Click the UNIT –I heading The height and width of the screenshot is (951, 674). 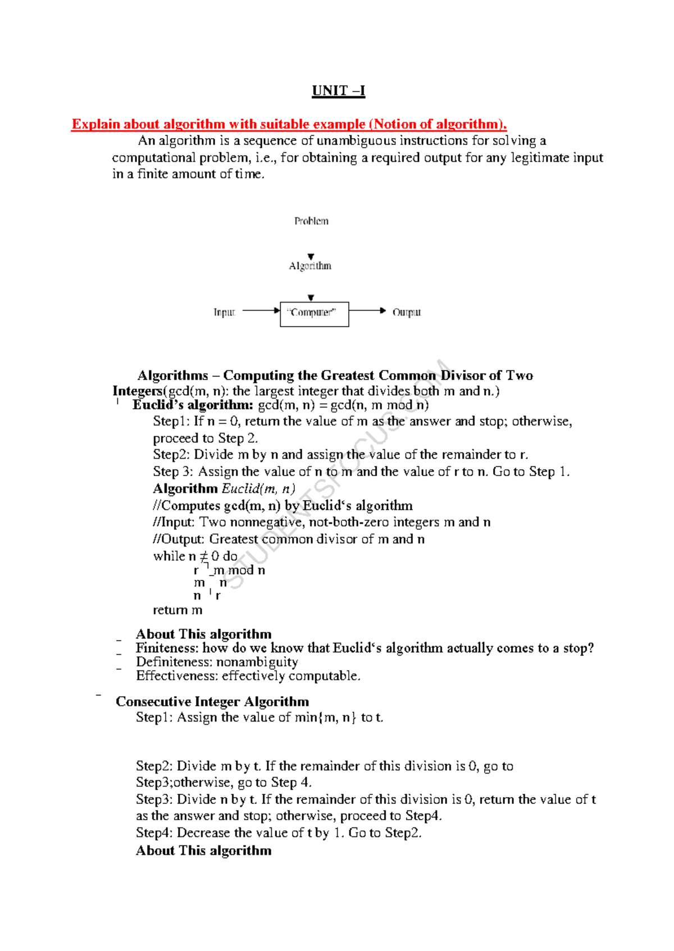[338, 91]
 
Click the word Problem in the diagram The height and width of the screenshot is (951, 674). [311, 221]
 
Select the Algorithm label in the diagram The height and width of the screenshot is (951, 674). [310, 266]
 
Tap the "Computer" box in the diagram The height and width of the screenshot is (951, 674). [314, 314]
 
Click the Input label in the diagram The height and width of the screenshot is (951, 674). [224, 312]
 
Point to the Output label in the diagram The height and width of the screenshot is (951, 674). [406, 312]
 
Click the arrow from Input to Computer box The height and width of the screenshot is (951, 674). [261, 310]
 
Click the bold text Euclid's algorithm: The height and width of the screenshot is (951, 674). [193, 405]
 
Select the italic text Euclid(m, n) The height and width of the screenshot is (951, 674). [258, 488]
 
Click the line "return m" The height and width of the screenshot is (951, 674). [177, 610]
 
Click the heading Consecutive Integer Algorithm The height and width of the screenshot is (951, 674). [212, 702]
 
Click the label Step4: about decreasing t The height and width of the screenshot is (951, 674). [154, 833]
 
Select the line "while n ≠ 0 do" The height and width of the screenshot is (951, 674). [195, 556]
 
